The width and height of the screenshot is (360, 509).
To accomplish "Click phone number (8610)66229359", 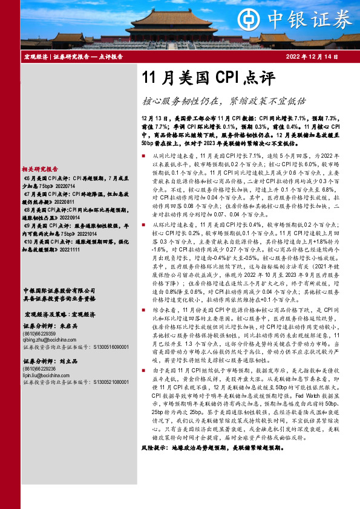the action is click(x=38, y=334).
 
